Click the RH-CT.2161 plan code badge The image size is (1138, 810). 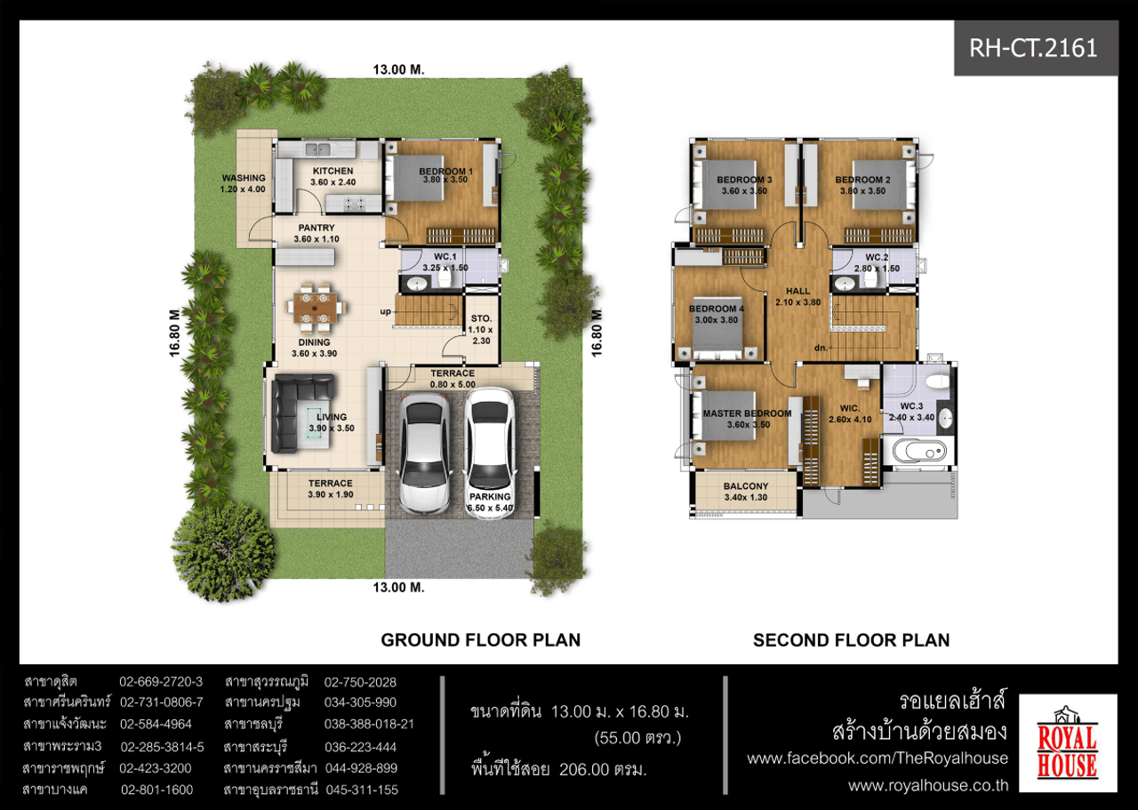(x=1036, y=48)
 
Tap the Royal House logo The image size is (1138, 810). (x=1068, y=743)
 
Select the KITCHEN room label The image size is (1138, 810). (x=333, y=172)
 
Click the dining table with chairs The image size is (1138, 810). (x=315, y=308)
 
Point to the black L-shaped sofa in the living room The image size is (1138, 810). (x=301, y=413)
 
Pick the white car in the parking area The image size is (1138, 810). (x=490, y=453)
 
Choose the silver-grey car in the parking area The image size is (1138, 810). (x=425, y=453)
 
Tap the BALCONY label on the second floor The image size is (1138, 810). (x=746, y=486)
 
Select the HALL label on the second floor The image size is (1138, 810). (x=797, y=291)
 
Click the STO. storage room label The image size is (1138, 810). (x=481, y=318)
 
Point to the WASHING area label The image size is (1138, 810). (x=244, y=178)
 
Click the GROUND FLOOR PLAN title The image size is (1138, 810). (x=481, y=640)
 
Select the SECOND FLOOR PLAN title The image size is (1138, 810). (x=851, y=640)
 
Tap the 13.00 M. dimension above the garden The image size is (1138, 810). (x=399, y=69)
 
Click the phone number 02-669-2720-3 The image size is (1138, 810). (x=161, y=682)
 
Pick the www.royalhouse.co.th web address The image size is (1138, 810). (x=928, y=786)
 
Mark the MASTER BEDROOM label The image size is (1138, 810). (x=747, y=413)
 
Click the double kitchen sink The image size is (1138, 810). (x=317, y=149)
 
